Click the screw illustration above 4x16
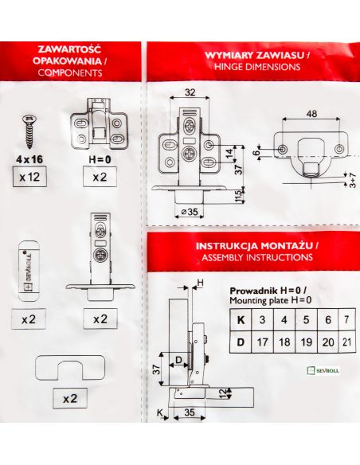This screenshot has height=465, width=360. coord(29,131)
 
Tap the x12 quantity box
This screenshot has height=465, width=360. coord(29,177)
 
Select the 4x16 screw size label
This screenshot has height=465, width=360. coord(29,159)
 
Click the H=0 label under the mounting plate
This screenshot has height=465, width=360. coord(100,159)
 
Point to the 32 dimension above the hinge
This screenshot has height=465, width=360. coord(190,92)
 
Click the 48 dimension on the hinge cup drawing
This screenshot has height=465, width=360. coord(311,114)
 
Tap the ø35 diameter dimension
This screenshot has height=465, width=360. coord(190,212)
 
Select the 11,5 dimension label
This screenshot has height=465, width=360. coord(239,195)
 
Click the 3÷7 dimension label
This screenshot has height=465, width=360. coord(353,180)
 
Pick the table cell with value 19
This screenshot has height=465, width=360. coord(307,342)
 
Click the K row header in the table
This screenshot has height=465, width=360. coord(241,320)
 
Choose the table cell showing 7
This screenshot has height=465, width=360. coord(347,320)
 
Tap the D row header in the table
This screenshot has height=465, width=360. coord(241,342)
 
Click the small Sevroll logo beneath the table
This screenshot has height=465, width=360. coord(323,370)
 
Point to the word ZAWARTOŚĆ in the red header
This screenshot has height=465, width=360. coord(70,49)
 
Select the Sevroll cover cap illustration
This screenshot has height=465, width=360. coord(29,271)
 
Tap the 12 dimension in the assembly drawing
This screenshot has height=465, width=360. coord(223,393)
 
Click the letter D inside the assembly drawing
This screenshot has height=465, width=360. coord(179,360)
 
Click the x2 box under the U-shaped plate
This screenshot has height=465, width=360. coord(70,398)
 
